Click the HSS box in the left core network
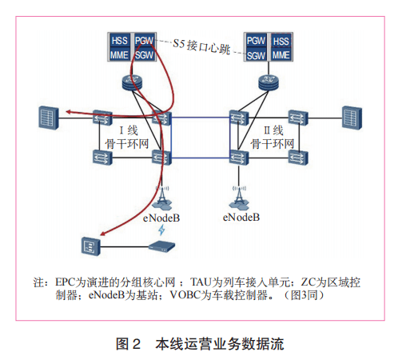coord(120,40)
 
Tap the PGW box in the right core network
coord(257,40)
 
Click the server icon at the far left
coord(49,117)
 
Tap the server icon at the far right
coord(352,117)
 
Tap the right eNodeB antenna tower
coord(239,194)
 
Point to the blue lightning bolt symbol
coord(162,230)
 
